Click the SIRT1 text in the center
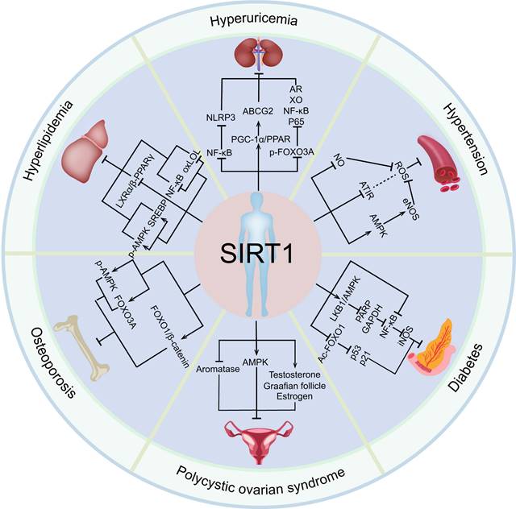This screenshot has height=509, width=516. (257, 257)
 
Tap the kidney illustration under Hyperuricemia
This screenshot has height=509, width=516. (256, 57)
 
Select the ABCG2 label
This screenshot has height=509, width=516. (258, 114)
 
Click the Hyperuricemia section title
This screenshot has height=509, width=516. (257, 18)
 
